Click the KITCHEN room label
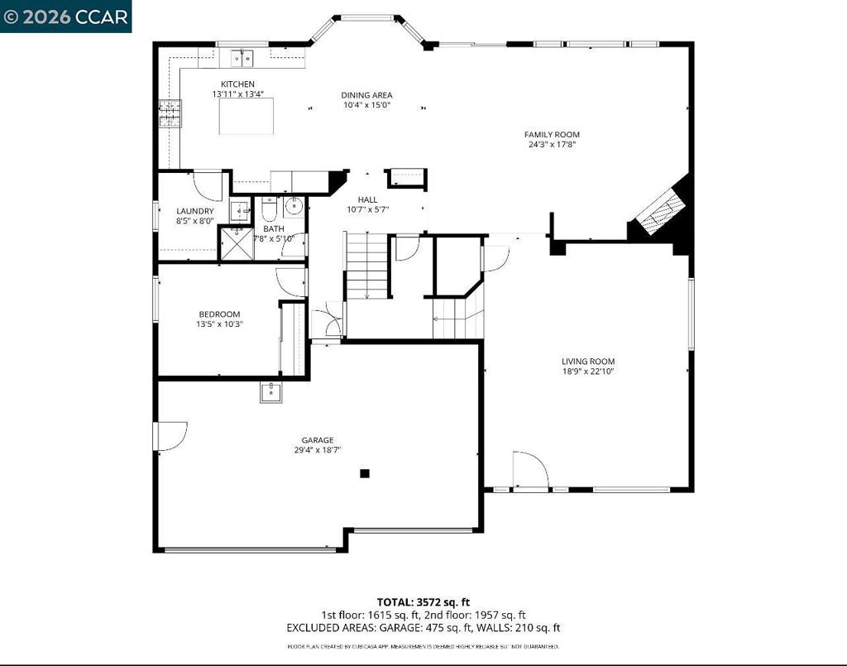[237, 84]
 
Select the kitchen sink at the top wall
[242, 58]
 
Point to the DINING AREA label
[366, 95]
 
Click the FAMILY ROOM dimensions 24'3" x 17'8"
[552, 145]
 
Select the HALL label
[367, 199]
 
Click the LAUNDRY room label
[194, 211]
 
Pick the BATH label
[273, 229]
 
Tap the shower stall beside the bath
[235, 243]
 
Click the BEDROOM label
[219, 314]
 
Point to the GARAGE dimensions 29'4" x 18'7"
[318, 450]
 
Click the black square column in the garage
[364, 473]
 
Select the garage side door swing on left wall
[170, 436]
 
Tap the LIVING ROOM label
[588, 361]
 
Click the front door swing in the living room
[529, 470]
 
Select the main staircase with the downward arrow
[367, 266]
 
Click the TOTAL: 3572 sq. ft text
[423, 601]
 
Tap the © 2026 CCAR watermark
[65, 16]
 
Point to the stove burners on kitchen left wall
[170, 114]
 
